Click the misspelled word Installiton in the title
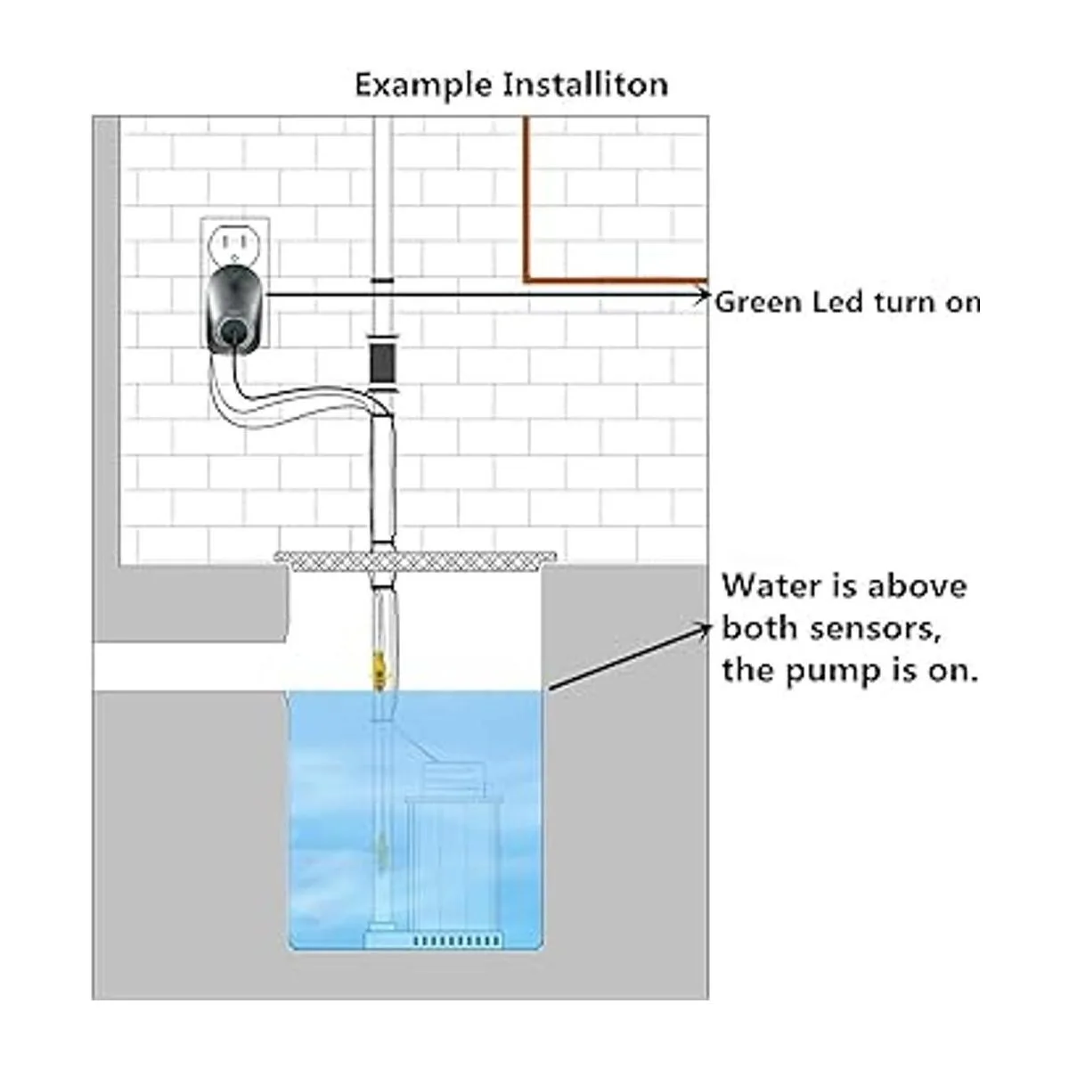coord(586,85)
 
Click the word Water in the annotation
coord(765,586)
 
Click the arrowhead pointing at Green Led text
coord(705,295)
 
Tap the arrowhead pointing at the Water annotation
coord(704,629)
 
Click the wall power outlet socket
coord(235,242)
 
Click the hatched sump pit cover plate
coord(416,561)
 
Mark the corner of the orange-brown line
coord(526,279)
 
